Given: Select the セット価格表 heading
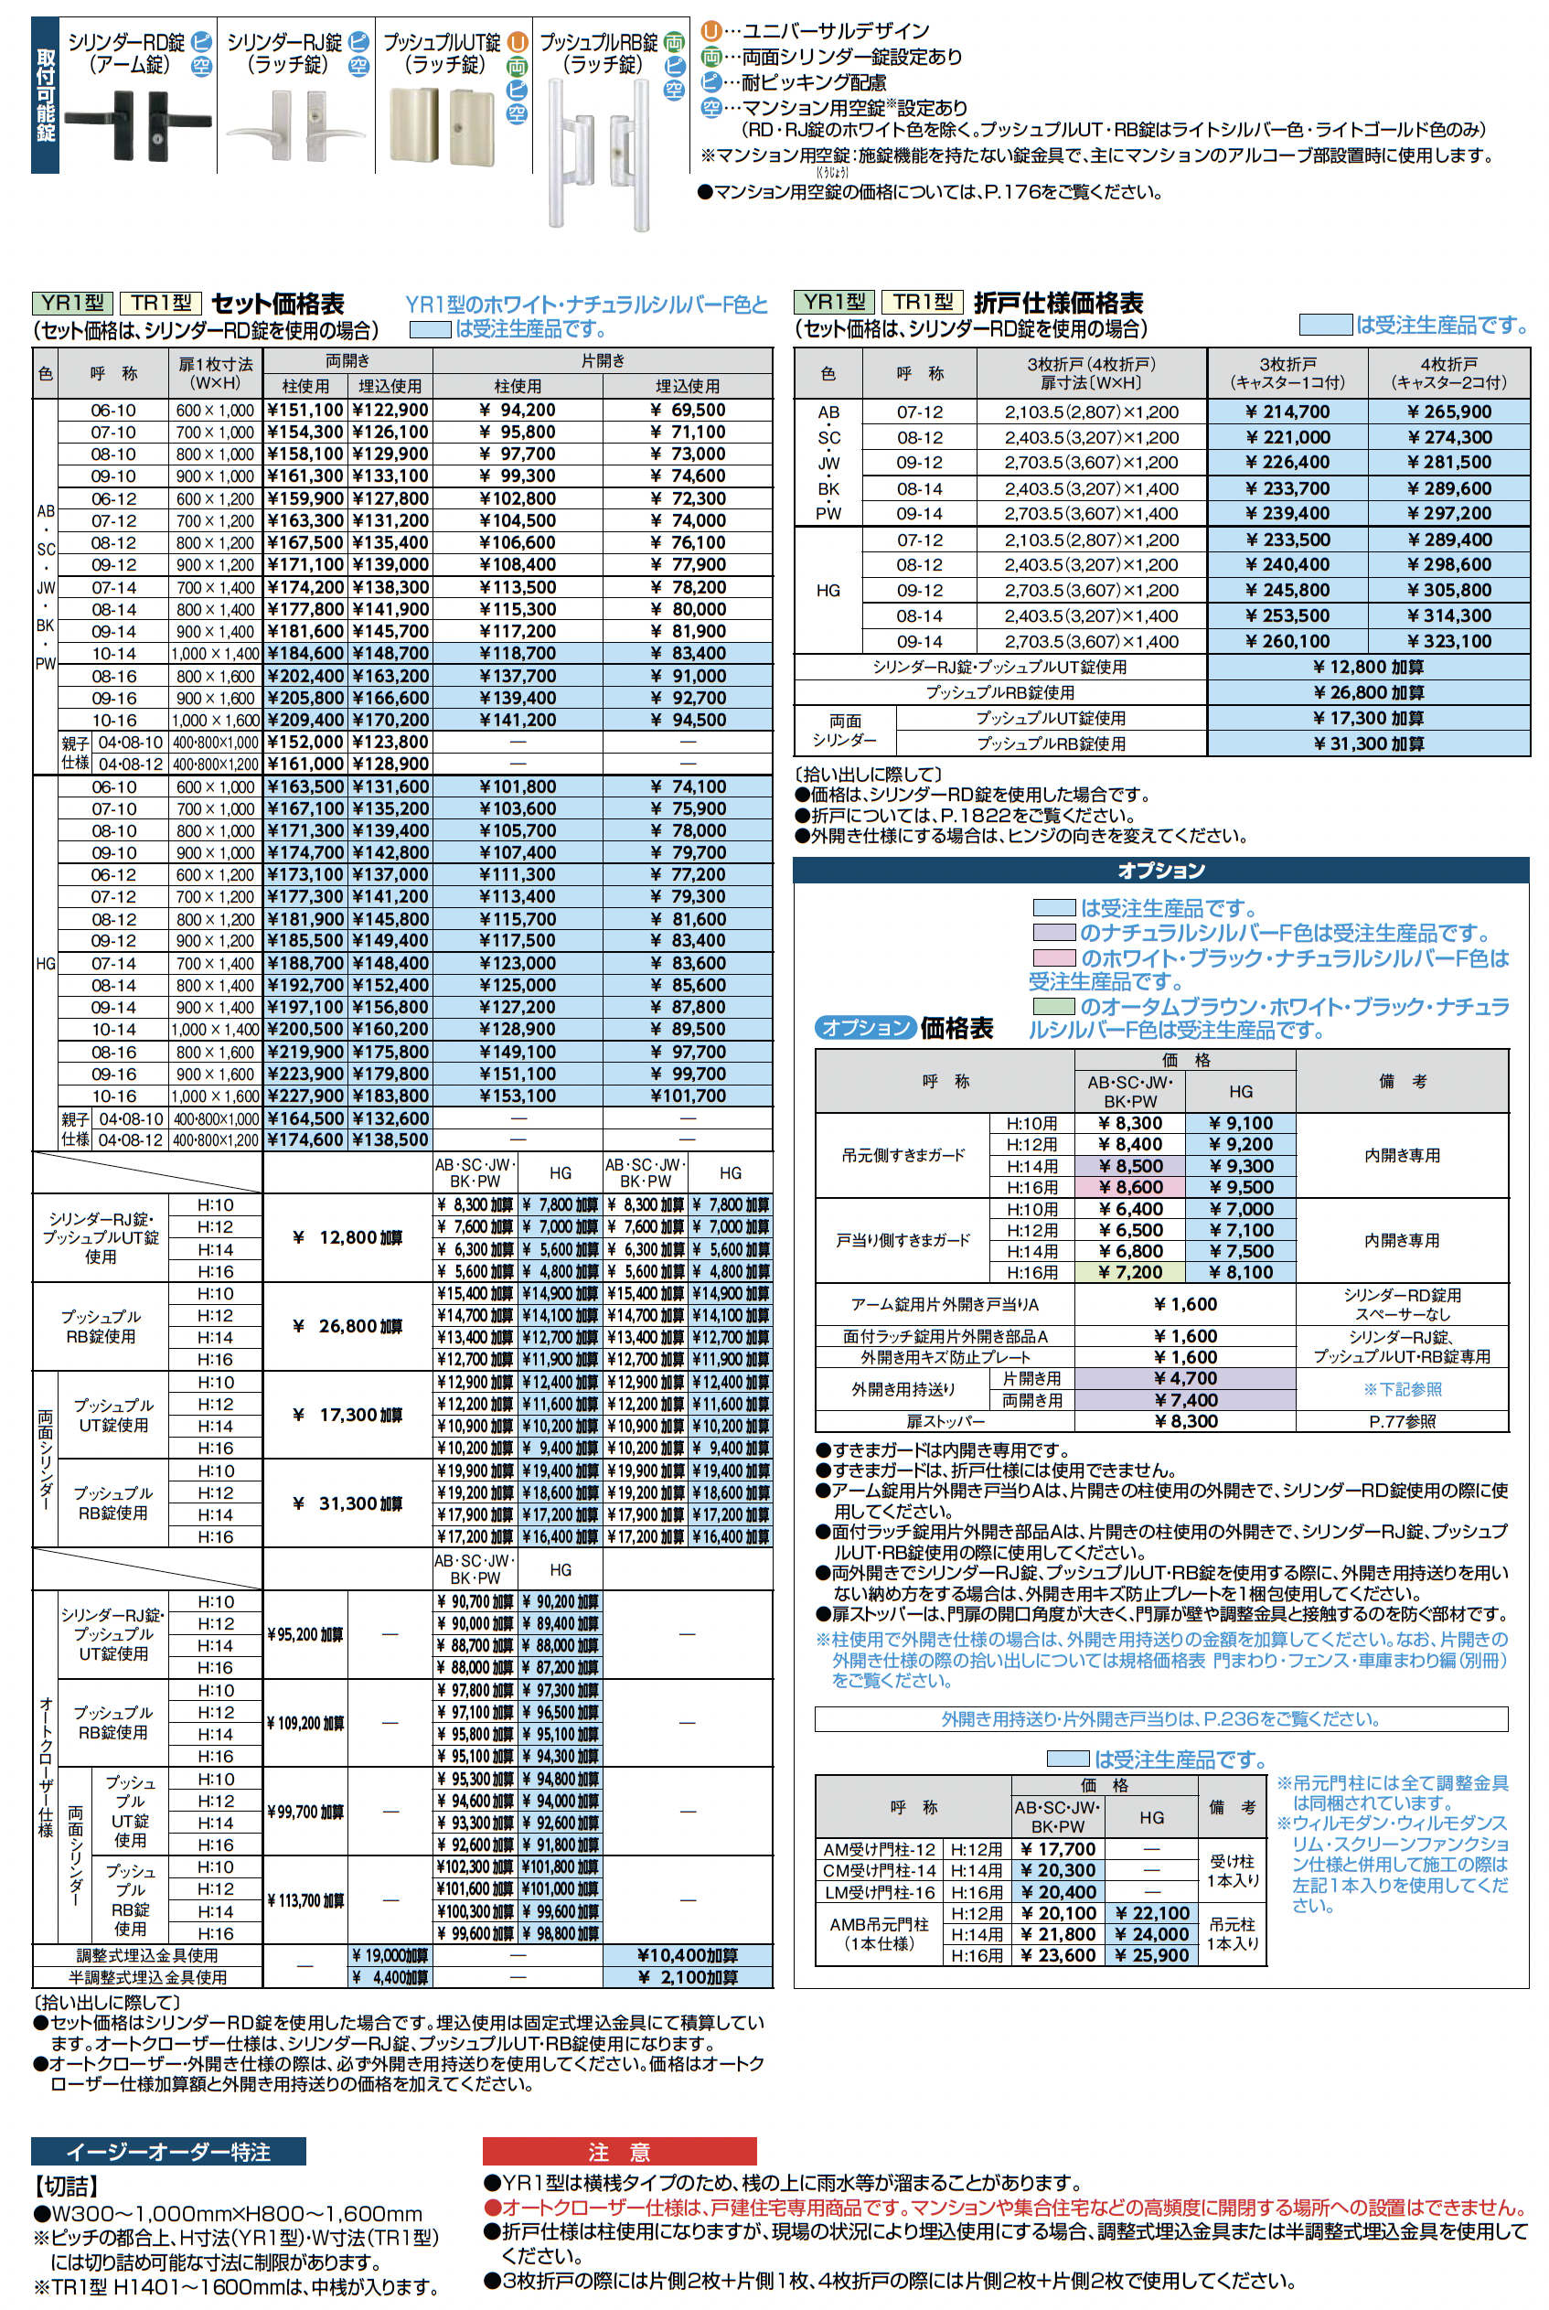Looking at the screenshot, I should [x=278, y=304].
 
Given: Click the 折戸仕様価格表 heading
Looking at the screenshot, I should [x=1058, y=303].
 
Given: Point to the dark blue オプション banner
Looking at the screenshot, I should [x=1160, y=871].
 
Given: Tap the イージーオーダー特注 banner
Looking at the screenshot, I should [x=168, y=2152].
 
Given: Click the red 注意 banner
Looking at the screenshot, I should [x=618, y=2152].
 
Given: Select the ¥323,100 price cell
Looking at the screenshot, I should [x=1448, y=641].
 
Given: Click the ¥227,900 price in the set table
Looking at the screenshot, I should [x=305, y=1096].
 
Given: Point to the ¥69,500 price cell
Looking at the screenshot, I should [x=688, y=410].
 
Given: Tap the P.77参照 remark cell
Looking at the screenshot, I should [x=1402, y=1422].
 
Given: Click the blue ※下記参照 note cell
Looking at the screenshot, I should [x=1402, y=1389].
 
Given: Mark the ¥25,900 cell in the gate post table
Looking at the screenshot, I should [x=1152, y=1955].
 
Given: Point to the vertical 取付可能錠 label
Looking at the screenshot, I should [x=46, y=95].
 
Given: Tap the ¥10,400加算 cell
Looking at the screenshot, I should [x=688, y=1955].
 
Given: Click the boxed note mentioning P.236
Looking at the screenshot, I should [x=1160, y=1719].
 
